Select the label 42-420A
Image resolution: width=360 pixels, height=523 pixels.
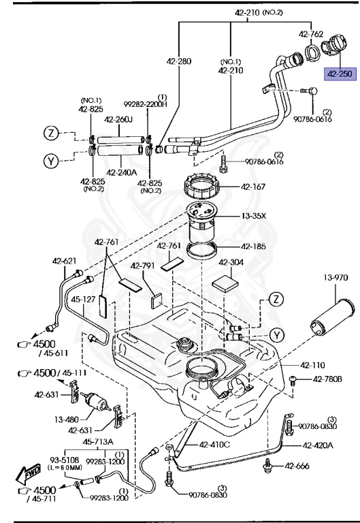click(318, 445)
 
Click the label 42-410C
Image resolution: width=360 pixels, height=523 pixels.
click(215, 445)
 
